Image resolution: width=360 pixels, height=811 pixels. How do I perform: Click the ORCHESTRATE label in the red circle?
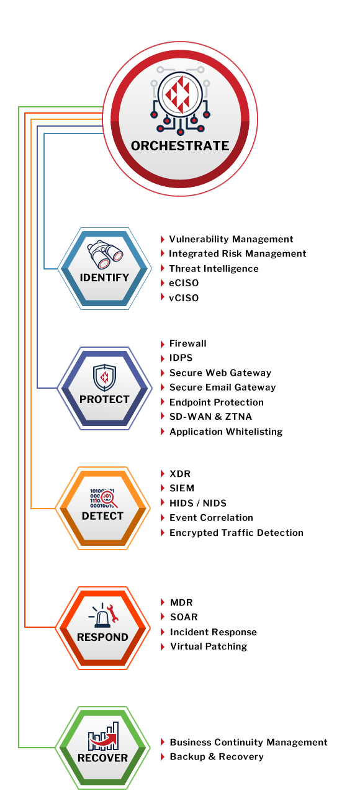pyautogui.click(x=180, y=145)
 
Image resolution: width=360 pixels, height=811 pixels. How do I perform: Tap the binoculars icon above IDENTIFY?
pyautogui.click(x=105, y=254)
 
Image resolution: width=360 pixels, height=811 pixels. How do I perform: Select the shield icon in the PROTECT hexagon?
pyautogui.click(x=104, y=378)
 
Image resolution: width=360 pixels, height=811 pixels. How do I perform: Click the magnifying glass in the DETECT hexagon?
pyautogui.click(x=109, y=499)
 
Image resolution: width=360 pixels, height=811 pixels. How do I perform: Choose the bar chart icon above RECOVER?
pyautogui.click(x=104, y=736)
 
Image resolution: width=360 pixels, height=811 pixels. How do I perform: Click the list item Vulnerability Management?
pyautogui.click(x=231, y=239)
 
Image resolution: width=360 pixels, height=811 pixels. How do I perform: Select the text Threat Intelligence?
pyautogui.click(x=214, y=269)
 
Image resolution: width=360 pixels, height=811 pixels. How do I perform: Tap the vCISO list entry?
pyautogui.click(x=184, y=298)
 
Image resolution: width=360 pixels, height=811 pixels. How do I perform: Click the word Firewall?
pyautogui.click(x=188, y=343)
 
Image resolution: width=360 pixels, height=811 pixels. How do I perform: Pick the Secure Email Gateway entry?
pyautogui.click(x=222, y=387)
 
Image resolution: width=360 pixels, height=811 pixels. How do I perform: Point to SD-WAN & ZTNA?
pyautogui.click(x=210, y=417)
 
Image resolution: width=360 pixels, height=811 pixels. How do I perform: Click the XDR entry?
pyautogui.click(x=180, y=474)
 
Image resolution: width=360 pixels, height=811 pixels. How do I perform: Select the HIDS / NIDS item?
pyautogui.click(x=198, y=503)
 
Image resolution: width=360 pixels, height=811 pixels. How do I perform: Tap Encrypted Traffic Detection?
pyautogui.click(x=236, y=533)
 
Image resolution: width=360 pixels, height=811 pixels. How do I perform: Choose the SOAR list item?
pyautogui.click(x=184, y=617)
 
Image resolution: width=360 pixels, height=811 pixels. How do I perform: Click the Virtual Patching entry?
pyautogui.click(x=209, y=646)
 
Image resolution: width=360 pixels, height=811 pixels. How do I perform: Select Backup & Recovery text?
pyautogui.click(x=217, y=757)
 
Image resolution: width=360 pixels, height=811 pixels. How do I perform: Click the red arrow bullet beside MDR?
pyautogui.click(x=163, y=602)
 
